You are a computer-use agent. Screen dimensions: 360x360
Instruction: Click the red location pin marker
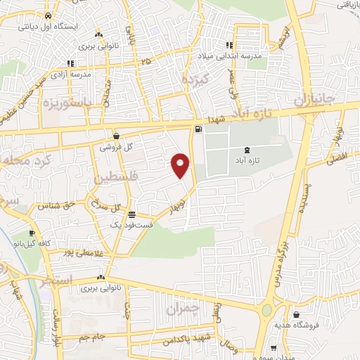tap(181, 165)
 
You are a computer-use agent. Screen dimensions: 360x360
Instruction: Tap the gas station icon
tap(198, 128)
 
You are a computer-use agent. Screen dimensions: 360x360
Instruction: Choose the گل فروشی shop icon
tap(116, 136)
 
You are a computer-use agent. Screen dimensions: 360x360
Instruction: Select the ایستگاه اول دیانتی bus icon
tap(48, 16)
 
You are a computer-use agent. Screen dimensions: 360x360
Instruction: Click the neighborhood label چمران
tap(184, 308)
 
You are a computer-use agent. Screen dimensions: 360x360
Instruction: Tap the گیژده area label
tap(198, 79)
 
